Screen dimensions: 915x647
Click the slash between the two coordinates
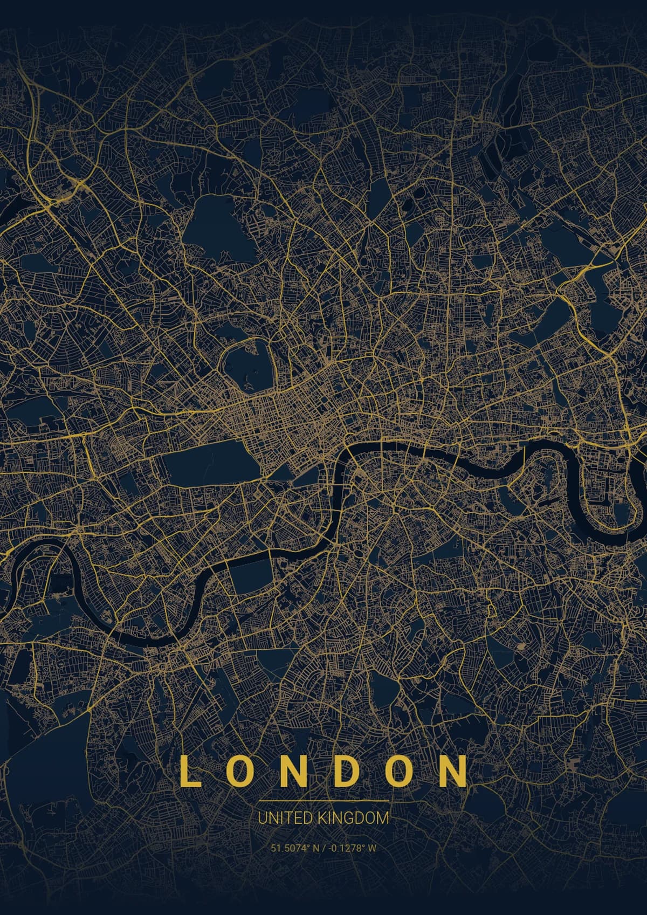coord(323,848)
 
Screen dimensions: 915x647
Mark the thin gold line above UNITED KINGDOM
coord(323,801)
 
